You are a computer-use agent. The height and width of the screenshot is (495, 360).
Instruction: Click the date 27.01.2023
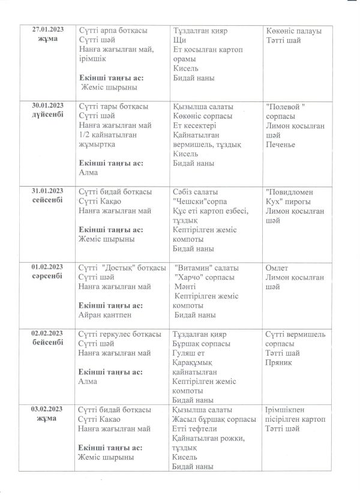click(x=47, y=30)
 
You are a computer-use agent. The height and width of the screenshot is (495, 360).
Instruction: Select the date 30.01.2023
click(x=47, y=106)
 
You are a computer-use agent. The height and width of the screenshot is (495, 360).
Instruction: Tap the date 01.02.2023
click(x=47, y=267)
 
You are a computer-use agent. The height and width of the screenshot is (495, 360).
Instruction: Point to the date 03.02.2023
click(x=47, y=409)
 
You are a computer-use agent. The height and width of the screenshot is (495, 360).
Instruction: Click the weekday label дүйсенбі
click(x=47, y=116)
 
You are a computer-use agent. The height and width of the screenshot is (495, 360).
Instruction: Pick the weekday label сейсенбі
click(x=47, y=200)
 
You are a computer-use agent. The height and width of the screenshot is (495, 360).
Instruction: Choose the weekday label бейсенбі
click(x=47, y=343)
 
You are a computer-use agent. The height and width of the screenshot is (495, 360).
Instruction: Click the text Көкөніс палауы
click(x=293, y=31)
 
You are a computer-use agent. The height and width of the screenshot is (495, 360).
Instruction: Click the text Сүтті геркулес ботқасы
click(x=119, y=334)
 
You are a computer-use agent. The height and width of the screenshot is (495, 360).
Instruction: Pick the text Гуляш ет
click(x=190, y=353)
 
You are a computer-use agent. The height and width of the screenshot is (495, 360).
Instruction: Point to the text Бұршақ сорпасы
click(x=201, y=343)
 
